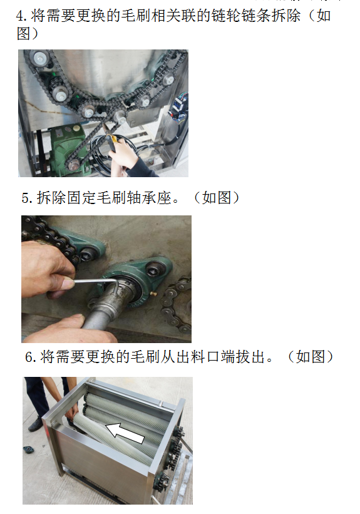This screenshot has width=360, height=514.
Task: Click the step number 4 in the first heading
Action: (20, 16)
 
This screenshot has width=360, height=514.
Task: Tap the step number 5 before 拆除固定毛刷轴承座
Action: (26, 198)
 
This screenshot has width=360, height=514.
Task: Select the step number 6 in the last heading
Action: (29, 357)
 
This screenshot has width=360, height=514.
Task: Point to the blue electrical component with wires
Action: (178, 106)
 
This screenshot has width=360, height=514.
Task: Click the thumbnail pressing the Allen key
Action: (68, 284)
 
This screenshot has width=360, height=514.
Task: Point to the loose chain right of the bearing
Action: (177, 304)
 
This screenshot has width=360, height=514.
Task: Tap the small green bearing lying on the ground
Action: (28, 449)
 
